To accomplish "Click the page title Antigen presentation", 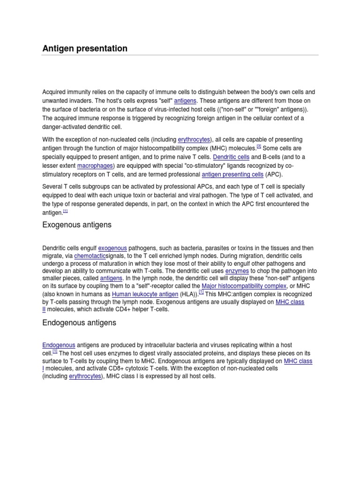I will click(x=85, y=48).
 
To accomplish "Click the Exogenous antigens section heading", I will click(x=77, y=225).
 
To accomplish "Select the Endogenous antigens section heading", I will click(x=79, y=323).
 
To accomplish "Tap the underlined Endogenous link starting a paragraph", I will click(x=59, y=345).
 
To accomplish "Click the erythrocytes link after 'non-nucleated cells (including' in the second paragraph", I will click(x=194, y=140).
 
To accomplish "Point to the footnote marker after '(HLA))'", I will click(x=201, y=292).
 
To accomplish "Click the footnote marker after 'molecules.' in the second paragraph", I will click(x=258, y=146).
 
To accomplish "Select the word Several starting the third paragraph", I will click(x=53, y=187).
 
